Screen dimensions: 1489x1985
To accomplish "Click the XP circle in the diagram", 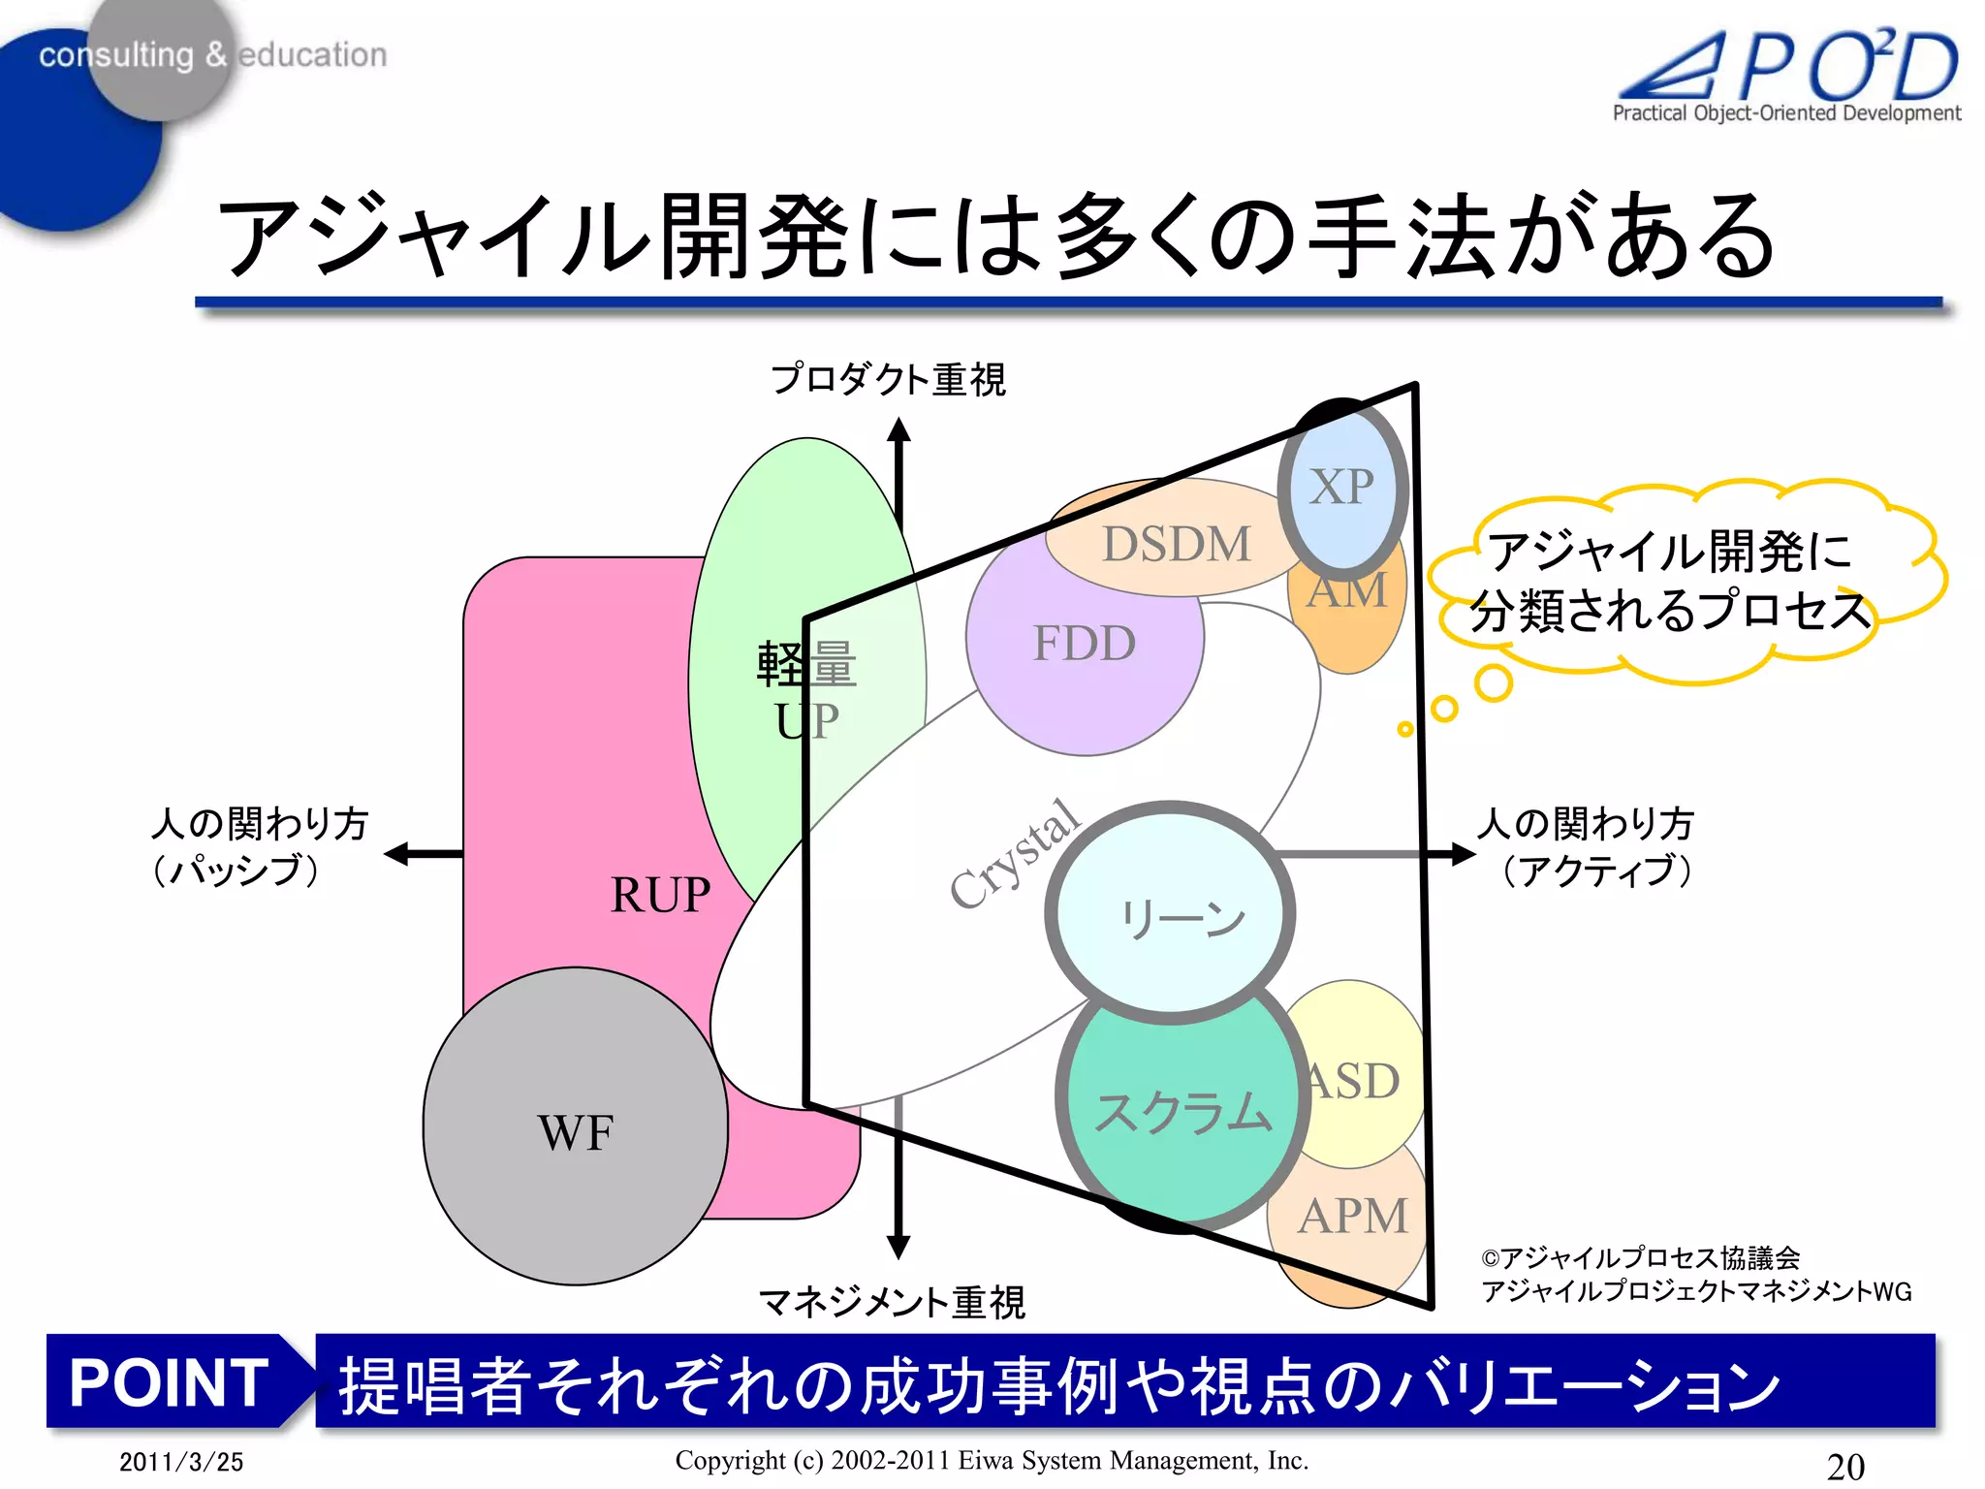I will pos(1342,488).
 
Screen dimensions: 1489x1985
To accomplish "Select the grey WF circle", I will pos(576,1129).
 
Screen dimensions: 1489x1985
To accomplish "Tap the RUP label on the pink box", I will pos(660,894).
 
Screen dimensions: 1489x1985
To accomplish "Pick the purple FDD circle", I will pos(1084,644).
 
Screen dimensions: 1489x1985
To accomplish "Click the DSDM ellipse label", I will pos(1177,544).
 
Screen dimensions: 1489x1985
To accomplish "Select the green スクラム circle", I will pos(1182,1113).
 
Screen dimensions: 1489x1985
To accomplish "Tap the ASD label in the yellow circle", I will pos(1354,1081).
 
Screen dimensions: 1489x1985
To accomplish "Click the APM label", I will pos(1353,1216).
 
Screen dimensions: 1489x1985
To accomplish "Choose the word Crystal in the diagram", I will pos(1014,854).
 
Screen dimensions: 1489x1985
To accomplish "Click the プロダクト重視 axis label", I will pos(888,379).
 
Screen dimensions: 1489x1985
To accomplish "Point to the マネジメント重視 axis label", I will pos(892,1302).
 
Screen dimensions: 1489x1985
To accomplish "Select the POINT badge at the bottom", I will pos(170,1381).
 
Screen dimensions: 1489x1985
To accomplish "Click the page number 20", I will pos(1845,1465).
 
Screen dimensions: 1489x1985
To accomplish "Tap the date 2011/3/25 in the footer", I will pos(181,1462).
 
